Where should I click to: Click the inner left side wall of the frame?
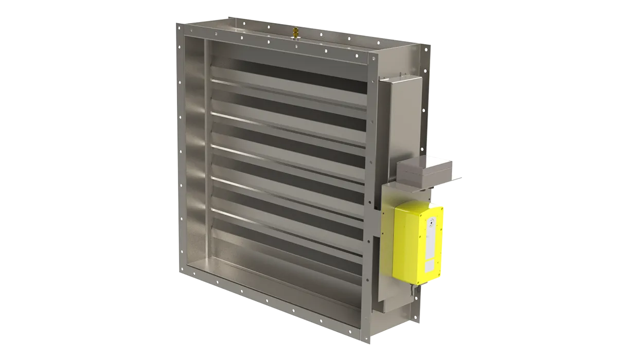click(x=194, y=154)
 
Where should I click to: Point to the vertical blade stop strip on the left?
click(x=208, y=154)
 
